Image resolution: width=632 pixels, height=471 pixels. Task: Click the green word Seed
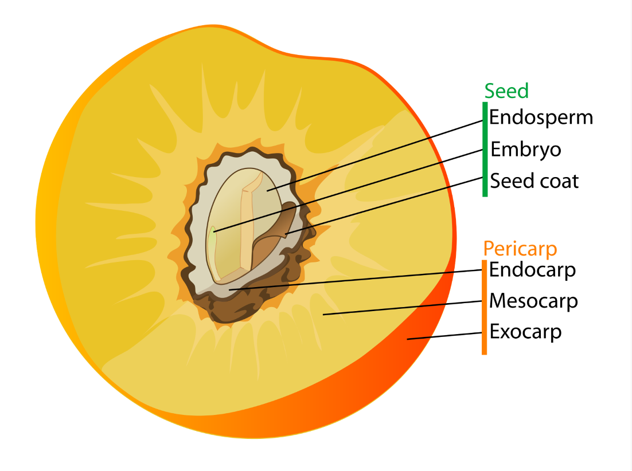[x=506, y=91]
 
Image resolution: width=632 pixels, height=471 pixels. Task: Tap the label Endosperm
[x=540, y=117]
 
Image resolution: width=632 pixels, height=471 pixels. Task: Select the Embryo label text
[x=525, y=150]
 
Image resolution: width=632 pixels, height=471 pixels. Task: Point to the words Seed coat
[x=534, y=181]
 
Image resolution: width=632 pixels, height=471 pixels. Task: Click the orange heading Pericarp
[x=520, y=249]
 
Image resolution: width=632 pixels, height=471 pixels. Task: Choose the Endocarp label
[x=532, y=269]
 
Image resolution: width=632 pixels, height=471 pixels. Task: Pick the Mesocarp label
[x=533, y=301]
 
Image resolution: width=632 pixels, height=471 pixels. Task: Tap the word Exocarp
[x=525, y=332]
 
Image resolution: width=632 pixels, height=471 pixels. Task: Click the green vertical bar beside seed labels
[x=485, y=149]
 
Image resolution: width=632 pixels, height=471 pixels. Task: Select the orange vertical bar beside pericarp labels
[x=485, y=307]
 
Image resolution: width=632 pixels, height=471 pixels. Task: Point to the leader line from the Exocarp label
[x=444, y=336]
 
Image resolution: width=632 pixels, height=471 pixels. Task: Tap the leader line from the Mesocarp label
[x=401, y=308]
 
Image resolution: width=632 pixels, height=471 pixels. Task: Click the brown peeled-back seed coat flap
[x=284, y=223]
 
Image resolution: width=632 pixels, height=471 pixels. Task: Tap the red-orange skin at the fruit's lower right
[x=413, y=367]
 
